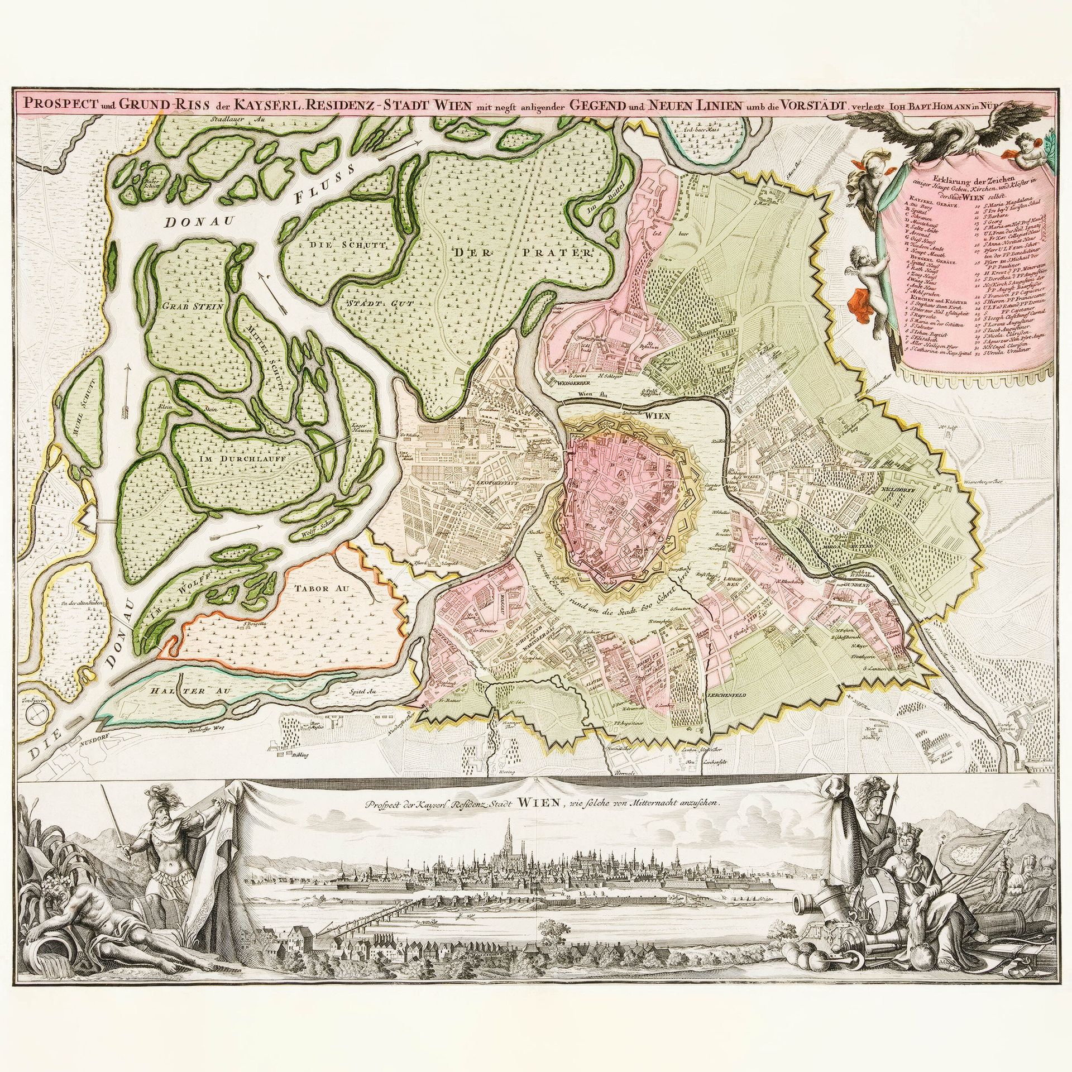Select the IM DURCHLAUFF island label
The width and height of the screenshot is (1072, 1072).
[x=241, y=458]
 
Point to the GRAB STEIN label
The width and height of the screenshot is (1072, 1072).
[x=193, y=307]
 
